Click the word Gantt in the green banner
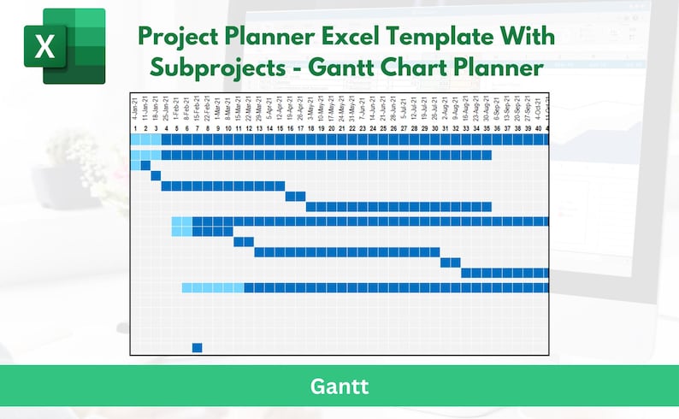339,387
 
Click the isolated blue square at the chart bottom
197,347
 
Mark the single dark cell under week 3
156,175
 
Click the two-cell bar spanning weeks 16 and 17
295,196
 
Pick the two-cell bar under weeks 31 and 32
451,263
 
